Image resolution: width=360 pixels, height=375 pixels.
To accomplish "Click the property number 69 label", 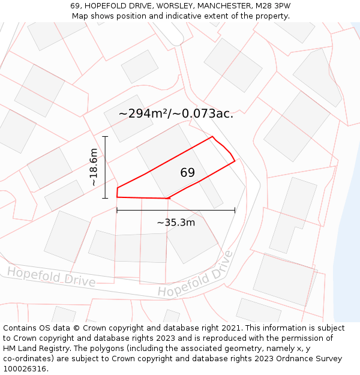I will (x=187, y=173).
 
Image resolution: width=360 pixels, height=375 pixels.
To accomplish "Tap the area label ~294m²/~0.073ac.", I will (x=176, y=113).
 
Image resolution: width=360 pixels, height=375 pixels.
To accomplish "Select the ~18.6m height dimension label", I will (x=94, y=167).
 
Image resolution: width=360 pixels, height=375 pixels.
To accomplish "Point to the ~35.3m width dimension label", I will (x=176, y=223).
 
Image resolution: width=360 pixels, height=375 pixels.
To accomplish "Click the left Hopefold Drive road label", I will (x=51, y=277).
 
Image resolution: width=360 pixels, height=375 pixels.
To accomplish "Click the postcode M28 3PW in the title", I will (x=272, y=6).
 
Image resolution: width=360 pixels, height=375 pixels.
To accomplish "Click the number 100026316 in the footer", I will (x=24, y=369).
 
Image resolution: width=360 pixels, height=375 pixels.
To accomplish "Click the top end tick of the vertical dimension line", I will (x=105, y=137).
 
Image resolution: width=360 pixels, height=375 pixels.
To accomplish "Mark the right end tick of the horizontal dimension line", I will (x=235, y=210).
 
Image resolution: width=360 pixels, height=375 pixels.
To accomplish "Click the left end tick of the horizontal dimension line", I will (x=117, y=210).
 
